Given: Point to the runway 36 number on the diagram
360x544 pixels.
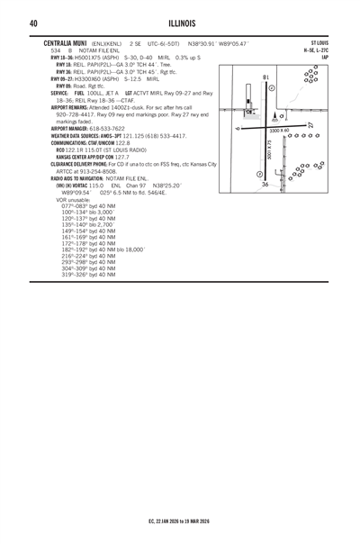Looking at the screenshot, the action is [265, 184].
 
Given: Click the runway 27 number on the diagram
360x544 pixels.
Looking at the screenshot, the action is [310, 124].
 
